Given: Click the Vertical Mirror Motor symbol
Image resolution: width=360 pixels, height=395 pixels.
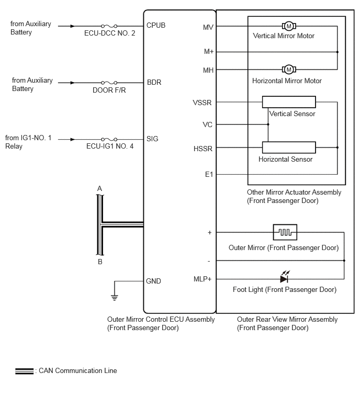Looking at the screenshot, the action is [289, 26].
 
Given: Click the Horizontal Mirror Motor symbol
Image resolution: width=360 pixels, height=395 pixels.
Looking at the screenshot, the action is [289, 69].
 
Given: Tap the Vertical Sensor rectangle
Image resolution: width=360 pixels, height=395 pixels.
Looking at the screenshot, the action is [289, 102].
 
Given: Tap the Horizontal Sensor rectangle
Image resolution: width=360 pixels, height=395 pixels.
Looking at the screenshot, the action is [289, 148].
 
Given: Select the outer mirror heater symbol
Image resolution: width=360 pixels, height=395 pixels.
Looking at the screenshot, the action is [285, 232].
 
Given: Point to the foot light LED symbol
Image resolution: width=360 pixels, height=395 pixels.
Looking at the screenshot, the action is [285, 277].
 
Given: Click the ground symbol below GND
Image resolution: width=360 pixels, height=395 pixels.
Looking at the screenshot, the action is [115, 298].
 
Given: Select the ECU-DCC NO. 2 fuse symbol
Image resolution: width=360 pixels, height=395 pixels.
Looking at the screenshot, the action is [109, 26].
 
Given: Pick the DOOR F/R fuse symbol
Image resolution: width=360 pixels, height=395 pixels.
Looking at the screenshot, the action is [109, 83].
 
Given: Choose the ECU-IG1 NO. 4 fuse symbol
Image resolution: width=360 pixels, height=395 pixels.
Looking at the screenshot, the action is [109, 139].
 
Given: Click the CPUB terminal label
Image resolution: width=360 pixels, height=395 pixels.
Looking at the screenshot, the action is [156, 26].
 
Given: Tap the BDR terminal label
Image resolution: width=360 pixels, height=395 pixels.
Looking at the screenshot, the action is [154, 82].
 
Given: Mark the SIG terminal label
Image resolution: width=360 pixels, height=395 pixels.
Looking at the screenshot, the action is [152, 139].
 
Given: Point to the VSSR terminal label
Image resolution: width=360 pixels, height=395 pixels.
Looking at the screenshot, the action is [202, 103].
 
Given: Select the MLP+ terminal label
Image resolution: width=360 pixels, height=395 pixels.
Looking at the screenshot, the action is [203, 279].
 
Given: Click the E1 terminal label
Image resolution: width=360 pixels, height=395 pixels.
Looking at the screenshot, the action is [209, 174].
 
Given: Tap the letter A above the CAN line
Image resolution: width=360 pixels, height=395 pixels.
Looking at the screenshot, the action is [99, 188].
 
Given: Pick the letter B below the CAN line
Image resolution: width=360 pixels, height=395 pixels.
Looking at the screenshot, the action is [100, 262].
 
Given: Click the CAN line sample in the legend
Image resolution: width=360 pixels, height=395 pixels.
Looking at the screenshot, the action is [24, 371].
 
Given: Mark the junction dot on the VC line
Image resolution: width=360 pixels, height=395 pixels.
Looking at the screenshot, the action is [268, 125].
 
